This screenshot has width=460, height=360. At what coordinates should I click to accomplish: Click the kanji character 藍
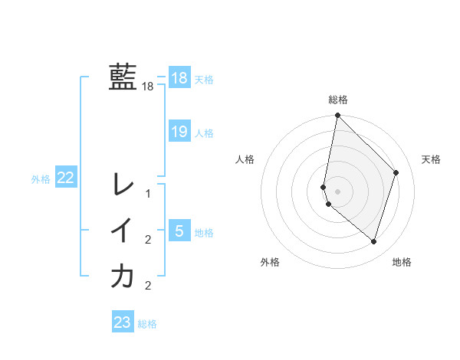coord(123,77)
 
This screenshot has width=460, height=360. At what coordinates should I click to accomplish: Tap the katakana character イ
coord(123,231)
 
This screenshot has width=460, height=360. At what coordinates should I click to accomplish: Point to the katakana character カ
coord(123,276)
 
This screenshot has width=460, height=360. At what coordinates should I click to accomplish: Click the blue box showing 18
coord(179,77)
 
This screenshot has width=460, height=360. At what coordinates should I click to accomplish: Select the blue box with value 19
coord(179,132)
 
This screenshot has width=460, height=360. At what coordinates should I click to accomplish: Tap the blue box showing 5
coord(179,231)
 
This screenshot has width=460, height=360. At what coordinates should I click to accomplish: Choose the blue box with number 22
coord(65,178)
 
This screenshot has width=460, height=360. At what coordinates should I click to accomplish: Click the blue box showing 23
coord(122,322)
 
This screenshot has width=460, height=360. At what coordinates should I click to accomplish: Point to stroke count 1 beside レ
coord(148,194)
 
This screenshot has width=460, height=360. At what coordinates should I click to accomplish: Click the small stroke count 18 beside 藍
coord(148,87)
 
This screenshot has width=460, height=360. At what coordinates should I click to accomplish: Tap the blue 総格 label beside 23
coord(147,324)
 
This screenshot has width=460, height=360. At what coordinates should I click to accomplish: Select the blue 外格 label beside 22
coord(41,179)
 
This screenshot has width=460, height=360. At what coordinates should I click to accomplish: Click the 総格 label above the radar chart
coord(337,100)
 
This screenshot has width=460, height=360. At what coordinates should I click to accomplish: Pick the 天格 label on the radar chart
coord(432,159)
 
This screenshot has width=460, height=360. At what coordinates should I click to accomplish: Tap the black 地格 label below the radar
coord(402,263)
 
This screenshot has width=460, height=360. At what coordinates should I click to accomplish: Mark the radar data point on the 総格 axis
coord(337,116)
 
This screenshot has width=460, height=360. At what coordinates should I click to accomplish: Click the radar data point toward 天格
coord(396,172)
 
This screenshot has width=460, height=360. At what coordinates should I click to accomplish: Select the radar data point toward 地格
coord(373,241)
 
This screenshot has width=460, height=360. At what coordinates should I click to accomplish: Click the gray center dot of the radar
coord(337,191)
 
